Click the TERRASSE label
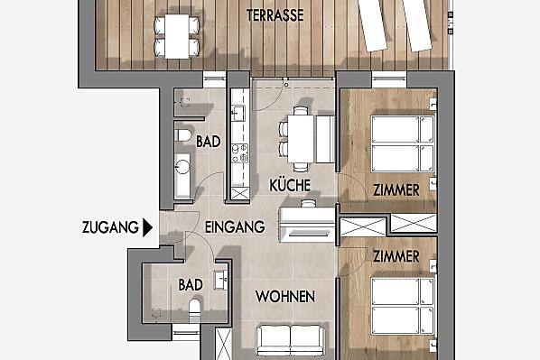pos(275,15)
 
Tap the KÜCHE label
pos(290,185)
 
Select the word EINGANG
pos(235,226)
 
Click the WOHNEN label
pos(285,296)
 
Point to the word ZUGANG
pos(110,227)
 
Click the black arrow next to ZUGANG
pos(147,227)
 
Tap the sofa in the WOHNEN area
pos(291,340)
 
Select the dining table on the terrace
pos(177,36)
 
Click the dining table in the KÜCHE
pos(301,139)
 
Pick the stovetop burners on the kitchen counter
pos(239,152)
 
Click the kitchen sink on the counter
pos(238,113)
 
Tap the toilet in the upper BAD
pos(183,135)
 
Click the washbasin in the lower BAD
pos(221,280)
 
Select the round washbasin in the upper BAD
pos(182,167)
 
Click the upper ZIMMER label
pos(396,190)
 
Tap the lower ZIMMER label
pos(396,256)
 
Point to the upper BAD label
pos(209,141)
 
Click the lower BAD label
pos(191,284)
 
